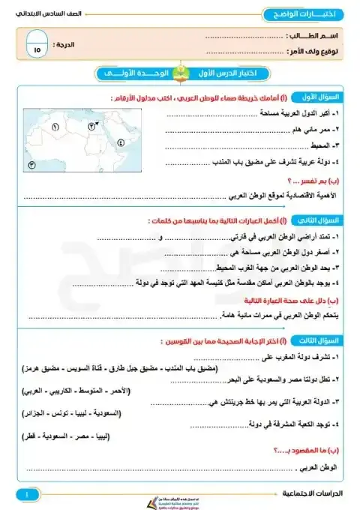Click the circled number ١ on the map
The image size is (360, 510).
(55, 127)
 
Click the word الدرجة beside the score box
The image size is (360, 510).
(68, 45)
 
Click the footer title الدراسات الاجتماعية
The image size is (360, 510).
(311, 496)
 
